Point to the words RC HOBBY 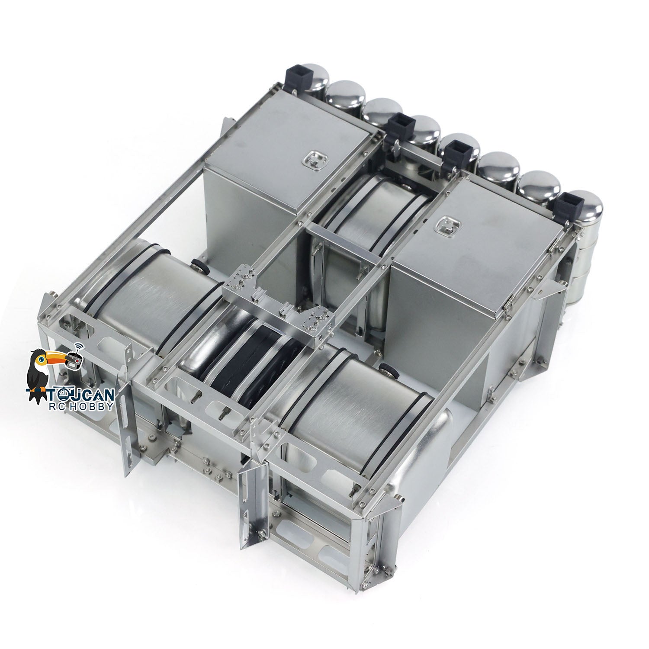click(87, 406)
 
